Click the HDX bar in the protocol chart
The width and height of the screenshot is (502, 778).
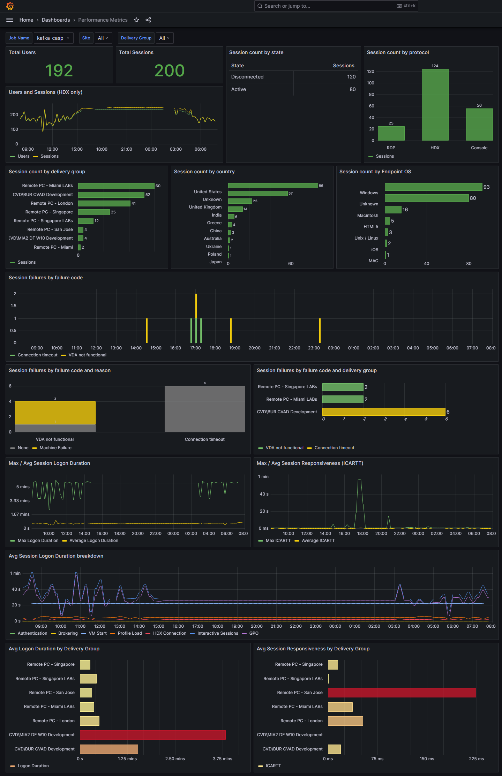point(435,105)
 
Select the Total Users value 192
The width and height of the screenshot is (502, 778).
point(59,70)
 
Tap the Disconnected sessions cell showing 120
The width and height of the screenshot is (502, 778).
point(351,77)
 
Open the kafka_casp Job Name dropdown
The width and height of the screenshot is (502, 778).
point(53,38)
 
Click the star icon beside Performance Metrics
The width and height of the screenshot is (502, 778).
point(136,20)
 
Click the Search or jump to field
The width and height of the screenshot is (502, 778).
point(328,6)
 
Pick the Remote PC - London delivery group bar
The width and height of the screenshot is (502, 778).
point(104,203)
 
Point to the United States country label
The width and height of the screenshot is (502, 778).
point(208,192)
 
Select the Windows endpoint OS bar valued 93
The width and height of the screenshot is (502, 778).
point(433,187)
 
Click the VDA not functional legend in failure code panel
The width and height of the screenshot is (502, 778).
point(87,355)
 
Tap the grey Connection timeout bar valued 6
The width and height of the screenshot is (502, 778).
point(205,409)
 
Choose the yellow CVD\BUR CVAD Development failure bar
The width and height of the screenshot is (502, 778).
point(383,412)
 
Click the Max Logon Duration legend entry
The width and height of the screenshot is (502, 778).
point(38,541)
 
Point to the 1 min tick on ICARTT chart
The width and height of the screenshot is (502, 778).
point(263,477)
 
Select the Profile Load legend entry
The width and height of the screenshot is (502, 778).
point(129,633)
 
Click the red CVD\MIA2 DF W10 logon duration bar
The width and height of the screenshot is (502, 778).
point(152,735)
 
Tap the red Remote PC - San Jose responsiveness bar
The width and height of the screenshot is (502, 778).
point(402,693)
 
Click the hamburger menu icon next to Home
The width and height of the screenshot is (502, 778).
point(10,20)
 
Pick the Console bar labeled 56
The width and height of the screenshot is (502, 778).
point(479,124)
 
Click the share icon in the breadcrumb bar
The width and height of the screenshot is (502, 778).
point(148,20)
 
